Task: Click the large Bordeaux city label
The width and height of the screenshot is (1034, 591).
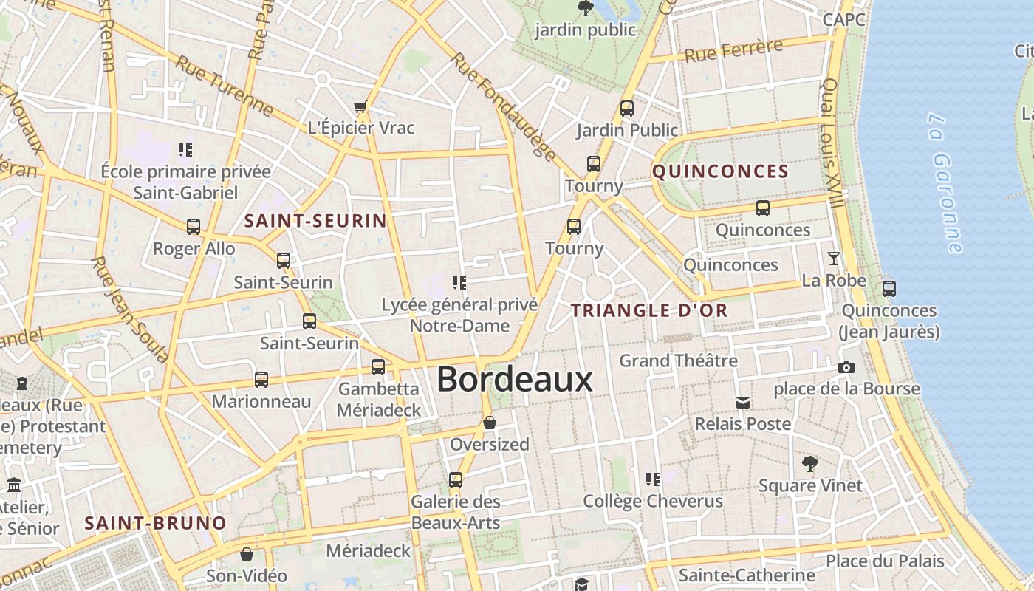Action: (x=515, y=380)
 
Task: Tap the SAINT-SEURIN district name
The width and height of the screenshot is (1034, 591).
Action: (x=315, y=221)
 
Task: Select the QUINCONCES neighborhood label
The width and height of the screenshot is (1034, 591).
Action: (x=721, y=172)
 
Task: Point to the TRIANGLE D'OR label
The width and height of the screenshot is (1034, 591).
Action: (x=650, y=310)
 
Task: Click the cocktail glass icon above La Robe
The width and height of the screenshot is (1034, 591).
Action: (x=834, y=258)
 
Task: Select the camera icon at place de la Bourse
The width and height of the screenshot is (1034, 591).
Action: (x=846, y=367)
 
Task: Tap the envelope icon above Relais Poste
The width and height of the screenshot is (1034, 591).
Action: (x=743, y=403)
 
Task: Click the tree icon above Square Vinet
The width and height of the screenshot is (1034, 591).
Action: (x=810, y=464)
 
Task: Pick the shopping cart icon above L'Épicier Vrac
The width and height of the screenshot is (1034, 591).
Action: (x=360, y=107)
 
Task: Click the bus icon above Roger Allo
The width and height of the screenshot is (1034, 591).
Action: (x=194, y=227)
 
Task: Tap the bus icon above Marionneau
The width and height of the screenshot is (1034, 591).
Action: (x=261, y=380)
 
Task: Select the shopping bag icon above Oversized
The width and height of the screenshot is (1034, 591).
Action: (x=490, y=423)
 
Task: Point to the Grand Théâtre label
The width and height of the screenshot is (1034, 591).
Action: (x=678, y=361)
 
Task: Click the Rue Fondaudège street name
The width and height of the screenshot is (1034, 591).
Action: (x=503, y=106)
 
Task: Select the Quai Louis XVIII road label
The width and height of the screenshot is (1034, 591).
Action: (x=832, y=144)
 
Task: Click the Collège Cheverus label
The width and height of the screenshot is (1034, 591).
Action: (x=653, y=501)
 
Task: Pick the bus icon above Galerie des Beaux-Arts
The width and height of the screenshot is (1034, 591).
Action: (x=456, y=479)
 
